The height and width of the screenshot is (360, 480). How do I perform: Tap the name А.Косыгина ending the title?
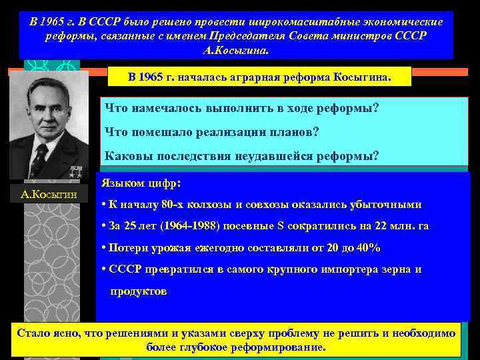[236, 50]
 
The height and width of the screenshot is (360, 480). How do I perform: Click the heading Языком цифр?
[141, 181]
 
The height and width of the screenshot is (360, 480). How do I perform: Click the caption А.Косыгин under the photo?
[49, 195]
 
